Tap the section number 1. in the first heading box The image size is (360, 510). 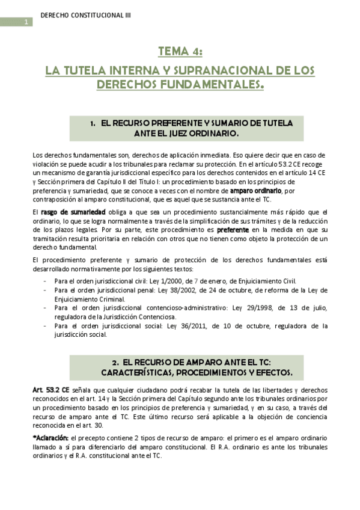coord(93,123)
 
